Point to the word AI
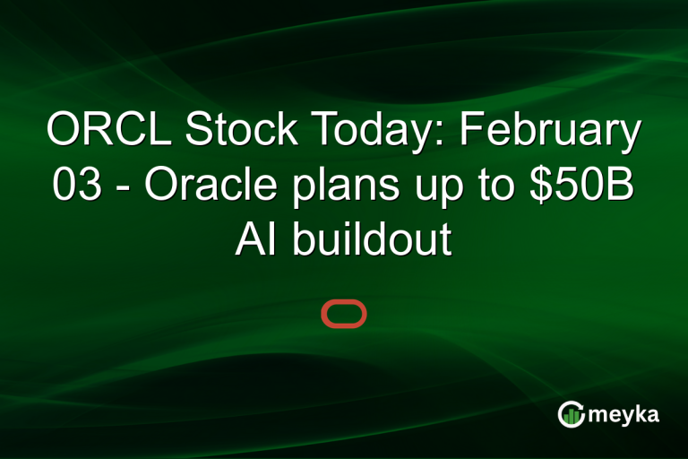(x=254, y=242)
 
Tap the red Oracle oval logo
(x=344, y=315)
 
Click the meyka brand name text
(x=624, y=414)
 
